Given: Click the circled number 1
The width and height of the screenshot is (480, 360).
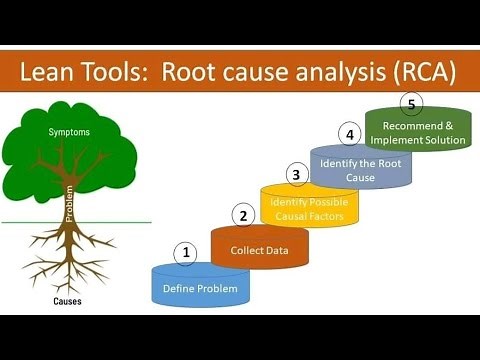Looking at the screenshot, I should pos(185,253).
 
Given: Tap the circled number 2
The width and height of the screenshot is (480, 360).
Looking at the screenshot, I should pos(241,214).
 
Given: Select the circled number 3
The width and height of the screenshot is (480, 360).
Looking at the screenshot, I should pos(294,175).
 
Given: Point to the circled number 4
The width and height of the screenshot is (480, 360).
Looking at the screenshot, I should pos(349,133).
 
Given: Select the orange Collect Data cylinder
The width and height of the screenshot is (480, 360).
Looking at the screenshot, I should pos(259,249).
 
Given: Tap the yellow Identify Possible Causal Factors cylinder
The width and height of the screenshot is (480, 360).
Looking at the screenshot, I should pos(309,208).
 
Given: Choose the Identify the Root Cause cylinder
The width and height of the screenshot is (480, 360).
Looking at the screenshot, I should pos(361,169).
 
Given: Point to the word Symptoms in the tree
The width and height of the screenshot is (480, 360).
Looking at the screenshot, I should pos(70,132).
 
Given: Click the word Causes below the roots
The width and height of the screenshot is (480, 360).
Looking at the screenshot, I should pos(68,301).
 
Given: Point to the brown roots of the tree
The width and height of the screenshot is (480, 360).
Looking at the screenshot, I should pos(70,255).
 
